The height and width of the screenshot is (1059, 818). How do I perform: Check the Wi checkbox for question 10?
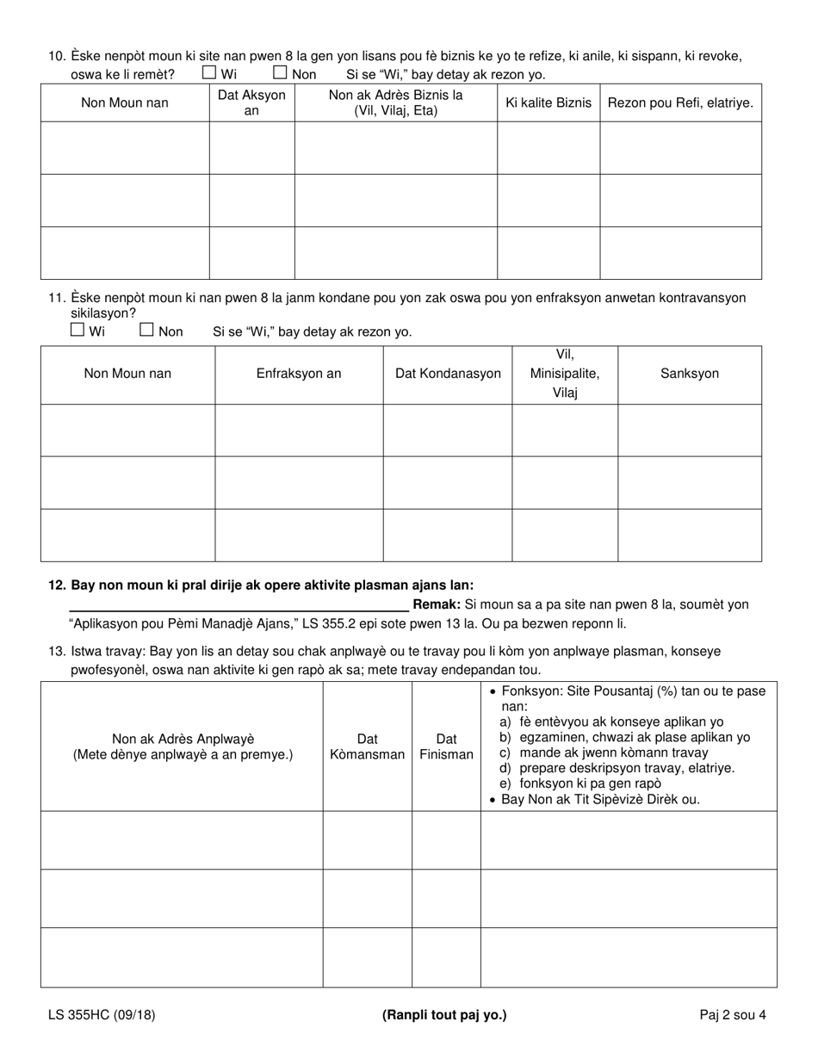[209, 73]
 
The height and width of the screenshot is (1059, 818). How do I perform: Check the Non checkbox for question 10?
[280, 73]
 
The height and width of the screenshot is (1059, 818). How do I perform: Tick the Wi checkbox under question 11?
[77, 329]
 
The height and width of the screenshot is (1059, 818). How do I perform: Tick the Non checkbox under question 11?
[146, 329]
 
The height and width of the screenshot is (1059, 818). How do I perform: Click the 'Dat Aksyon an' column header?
[251, 102]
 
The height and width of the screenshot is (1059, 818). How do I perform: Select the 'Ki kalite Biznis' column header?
[548, 102]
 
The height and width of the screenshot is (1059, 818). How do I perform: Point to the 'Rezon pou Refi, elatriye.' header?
[680, 102]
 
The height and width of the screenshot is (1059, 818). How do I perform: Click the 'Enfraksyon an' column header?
[299, 374]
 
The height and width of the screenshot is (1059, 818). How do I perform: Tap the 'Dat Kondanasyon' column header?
[448, 374]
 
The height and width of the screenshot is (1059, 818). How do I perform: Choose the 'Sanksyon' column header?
[690, 374]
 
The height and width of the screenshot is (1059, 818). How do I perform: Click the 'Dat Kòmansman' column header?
[368, 746]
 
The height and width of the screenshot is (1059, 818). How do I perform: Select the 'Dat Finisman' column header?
[446, 746]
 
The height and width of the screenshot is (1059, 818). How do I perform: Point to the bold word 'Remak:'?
[437, 604]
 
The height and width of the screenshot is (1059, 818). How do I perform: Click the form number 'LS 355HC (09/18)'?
[102, 1014]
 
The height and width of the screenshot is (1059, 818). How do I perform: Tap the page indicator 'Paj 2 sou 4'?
[733, 1014]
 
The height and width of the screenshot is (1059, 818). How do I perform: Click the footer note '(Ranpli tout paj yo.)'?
[444, 1014]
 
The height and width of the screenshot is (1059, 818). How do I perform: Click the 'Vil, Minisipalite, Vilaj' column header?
[565, 374]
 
